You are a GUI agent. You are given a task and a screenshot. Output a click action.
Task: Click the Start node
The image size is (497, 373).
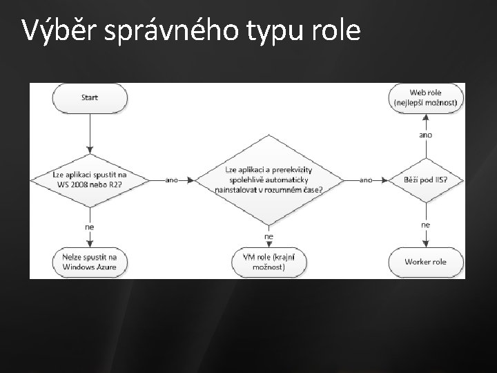tap(90, 97)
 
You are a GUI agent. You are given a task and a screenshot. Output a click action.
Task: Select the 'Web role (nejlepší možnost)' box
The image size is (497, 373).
tap(426, 97)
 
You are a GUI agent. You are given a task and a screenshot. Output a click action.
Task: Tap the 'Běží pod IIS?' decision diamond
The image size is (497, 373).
tap(426, 180)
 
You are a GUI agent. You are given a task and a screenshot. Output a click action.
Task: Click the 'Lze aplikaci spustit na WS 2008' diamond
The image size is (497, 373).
tap(90, 180)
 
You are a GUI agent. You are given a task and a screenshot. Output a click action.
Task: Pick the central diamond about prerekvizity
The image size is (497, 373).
tap(269, 180)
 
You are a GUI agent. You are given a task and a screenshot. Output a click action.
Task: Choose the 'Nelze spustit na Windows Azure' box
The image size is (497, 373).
tap(90, 262)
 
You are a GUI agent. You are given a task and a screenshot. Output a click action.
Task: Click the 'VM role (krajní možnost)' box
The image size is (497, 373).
tap(269, 262)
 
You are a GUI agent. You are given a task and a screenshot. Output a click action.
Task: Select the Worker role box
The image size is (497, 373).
tap(426, 262)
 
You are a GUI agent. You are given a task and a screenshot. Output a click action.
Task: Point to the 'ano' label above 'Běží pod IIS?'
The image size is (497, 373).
tap(426, 135)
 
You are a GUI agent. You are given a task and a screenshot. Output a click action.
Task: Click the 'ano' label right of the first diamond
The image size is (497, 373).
tap(171, 180)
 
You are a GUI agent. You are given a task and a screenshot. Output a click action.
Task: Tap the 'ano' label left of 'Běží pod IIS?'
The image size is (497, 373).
tap(366, 180)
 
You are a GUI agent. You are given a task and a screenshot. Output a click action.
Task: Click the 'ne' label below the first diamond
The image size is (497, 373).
tap(90, 225)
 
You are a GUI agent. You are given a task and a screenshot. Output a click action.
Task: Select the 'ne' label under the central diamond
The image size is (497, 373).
tap(269, 236)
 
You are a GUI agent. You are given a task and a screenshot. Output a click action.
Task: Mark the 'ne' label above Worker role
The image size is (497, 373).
tap(426, 225)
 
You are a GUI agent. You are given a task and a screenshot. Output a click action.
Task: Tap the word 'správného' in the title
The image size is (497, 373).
tap(157, 31)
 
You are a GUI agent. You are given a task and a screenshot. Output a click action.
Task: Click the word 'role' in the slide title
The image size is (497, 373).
tap(336, 31)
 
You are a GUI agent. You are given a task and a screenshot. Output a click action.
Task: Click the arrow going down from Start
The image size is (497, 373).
tap(90, 135)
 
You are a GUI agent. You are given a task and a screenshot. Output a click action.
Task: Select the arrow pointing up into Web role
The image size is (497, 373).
tap(426, 119)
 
